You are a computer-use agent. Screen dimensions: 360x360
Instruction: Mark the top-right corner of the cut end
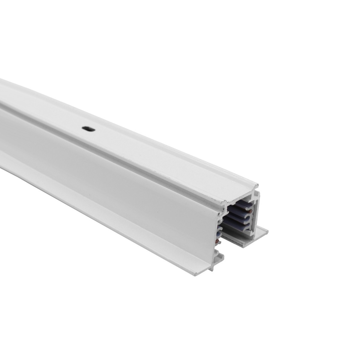pos(257,185)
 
